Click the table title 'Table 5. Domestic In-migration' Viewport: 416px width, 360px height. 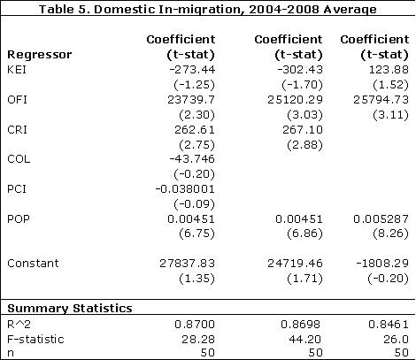[207, 9]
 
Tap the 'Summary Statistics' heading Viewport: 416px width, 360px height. [69, 309]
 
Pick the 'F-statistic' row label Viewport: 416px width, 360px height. [33, 338]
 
